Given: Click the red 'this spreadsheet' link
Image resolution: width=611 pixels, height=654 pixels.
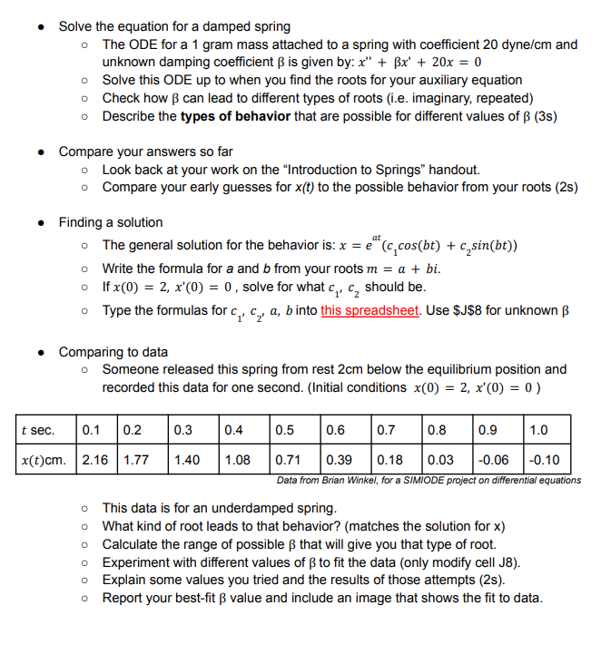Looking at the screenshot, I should pyautogui.click(x=369, y=309).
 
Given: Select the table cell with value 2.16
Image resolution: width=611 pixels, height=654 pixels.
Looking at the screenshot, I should pyautogui.click(x=95, y=460).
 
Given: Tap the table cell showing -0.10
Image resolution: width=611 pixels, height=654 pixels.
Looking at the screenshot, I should pyautogui.click(x=547, y=460).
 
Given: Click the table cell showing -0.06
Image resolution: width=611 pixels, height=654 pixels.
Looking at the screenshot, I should pyautogui.click(x=494, y=460).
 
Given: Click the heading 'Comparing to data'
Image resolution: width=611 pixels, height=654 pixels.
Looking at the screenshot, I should pyautogui.click(x=113, y=352).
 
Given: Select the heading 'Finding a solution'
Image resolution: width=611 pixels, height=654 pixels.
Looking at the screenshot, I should pyautogui.click(x=111, y=222).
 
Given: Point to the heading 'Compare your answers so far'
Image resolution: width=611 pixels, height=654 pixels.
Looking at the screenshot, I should pyautogui.click(x=143, y=151).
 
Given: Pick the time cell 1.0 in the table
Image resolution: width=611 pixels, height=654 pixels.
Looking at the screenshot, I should pyautogui.click(x=546, y=430).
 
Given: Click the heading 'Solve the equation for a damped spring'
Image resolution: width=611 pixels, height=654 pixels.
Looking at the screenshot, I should pyautogui.click(x=174, y=26).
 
